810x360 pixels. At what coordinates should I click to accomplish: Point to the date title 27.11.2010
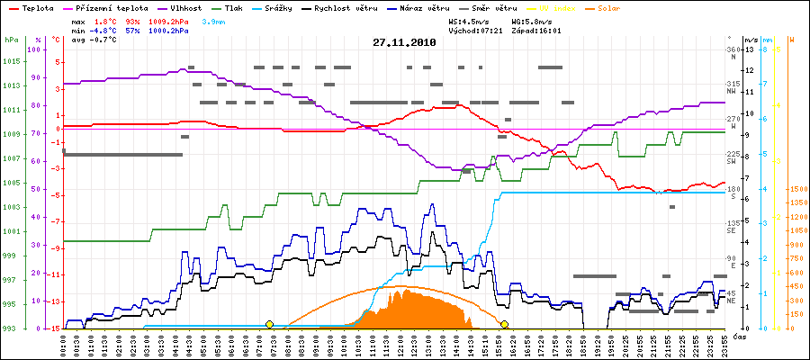tap(404, 42)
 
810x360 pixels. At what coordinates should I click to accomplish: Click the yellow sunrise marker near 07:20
tap(269, 324)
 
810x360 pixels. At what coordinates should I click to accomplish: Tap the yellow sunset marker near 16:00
tap(505, 324)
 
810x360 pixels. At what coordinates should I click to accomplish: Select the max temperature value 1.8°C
tap(108, 20)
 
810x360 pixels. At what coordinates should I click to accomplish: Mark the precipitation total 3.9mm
tap(212, 20)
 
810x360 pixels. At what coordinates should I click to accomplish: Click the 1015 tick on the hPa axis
tap(11, 61)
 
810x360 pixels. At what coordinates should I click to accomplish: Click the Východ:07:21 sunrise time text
tap(484, 31)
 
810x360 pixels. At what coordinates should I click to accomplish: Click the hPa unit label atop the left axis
tap(11, 40)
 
